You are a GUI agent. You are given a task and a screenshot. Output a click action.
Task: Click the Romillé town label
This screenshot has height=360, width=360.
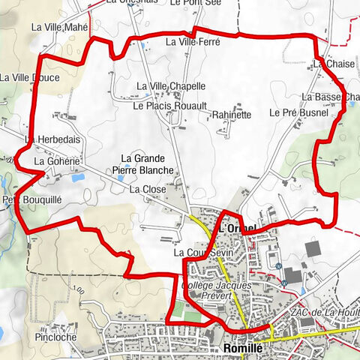tap(243, 348)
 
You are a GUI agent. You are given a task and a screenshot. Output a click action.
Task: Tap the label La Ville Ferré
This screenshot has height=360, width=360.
tap(193, 43)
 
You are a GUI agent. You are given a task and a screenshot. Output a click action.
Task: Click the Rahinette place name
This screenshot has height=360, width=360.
tap(231, 115)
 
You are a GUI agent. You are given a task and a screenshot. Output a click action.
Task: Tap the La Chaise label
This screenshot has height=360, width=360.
tap(329, 64)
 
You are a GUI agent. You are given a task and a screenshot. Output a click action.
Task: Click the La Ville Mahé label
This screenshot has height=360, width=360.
tap(60, 27)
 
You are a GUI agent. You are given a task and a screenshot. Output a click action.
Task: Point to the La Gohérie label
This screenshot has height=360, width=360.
tap(57, 161)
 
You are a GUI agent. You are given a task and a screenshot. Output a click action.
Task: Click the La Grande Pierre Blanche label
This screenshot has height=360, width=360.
tap(148, 164)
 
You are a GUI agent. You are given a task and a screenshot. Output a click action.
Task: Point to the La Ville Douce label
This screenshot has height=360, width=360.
tap(30, 77)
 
